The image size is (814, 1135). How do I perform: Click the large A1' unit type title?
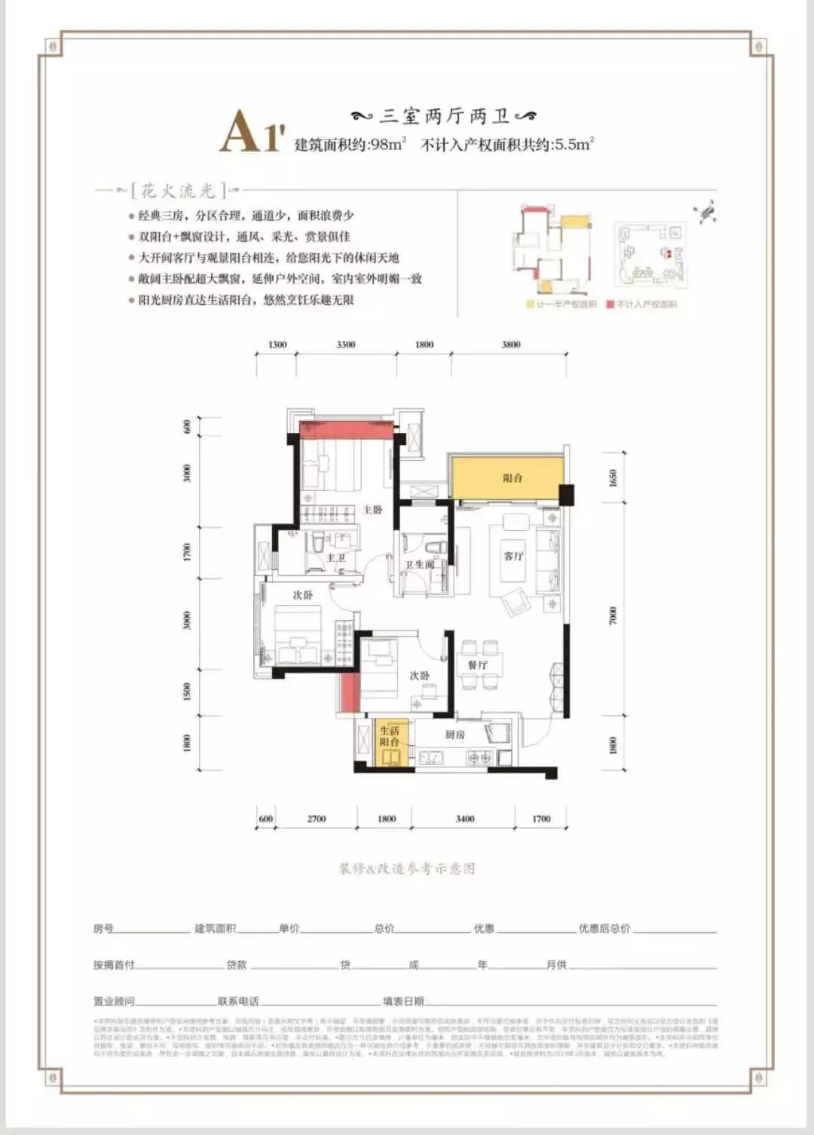tap(252, 132)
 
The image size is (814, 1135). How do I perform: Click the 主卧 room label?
tap(372, 510)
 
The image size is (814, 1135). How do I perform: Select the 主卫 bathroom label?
tap(335, 558)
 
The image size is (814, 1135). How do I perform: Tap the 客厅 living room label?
tap(513, 556)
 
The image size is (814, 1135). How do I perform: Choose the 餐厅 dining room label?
tap(477, 664)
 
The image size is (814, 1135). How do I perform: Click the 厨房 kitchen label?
tap(454, 734)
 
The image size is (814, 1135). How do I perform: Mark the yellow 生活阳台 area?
tap(391, 743)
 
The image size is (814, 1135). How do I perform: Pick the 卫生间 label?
tap(419, 564)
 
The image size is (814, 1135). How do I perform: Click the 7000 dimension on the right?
tap(613, 615)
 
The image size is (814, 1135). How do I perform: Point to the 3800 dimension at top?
tap(510, 345)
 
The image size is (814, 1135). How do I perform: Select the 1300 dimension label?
tap(277, 345)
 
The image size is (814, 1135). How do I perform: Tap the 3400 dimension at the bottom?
tap(465, 818)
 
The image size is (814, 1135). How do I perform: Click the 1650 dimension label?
tap(613, 477)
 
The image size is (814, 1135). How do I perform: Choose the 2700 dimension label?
tap(317, 818)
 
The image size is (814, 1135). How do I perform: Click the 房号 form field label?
tap(103, 928)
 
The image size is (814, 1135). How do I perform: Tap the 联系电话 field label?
tap(238, 1001)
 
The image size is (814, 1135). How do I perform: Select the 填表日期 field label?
tap(403, 1001)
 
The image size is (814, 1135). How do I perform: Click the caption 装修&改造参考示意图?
tap(407, 868)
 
